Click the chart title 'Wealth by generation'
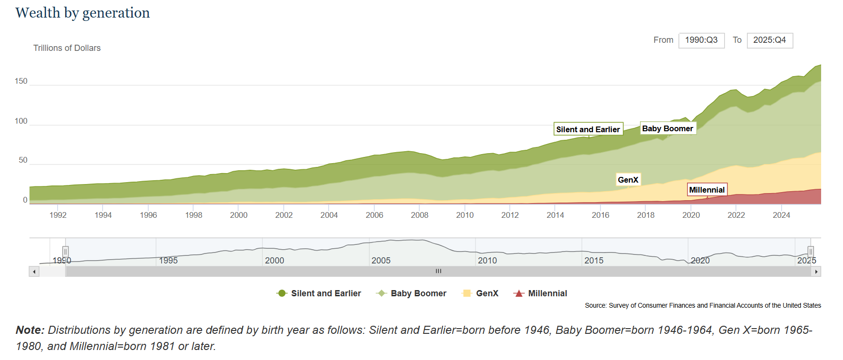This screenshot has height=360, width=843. tap(82, 13)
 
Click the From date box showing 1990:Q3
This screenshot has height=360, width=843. tap(701, 40)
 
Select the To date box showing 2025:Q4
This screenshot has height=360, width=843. tap(769, 40)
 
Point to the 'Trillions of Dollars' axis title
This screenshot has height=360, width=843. tap(67, 48)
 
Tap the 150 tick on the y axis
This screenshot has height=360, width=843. tap(21, 81)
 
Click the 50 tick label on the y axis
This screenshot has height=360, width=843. tap(23, 160)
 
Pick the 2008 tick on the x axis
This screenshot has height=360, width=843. tap(419, 215)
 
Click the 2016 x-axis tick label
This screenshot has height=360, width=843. tap(600, 215)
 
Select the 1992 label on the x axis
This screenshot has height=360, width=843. tap(58, 215)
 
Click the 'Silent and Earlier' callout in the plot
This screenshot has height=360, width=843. tap(588, 129)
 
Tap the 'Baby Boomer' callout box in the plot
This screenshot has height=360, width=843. tap(668, 128)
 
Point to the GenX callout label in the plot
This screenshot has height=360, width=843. tap(628, 180)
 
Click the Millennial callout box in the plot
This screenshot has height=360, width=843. tap(707, 190)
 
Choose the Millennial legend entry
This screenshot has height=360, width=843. tap(540, 293)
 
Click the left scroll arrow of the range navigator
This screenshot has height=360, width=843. tap(34, 272)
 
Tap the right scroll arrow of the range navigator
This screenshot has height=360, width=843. tap(816, 272)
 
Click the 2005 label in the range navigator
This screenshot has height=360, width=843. tap(381, 261)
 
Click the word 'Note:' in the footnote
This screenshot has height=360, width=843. tap(30, 330)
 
